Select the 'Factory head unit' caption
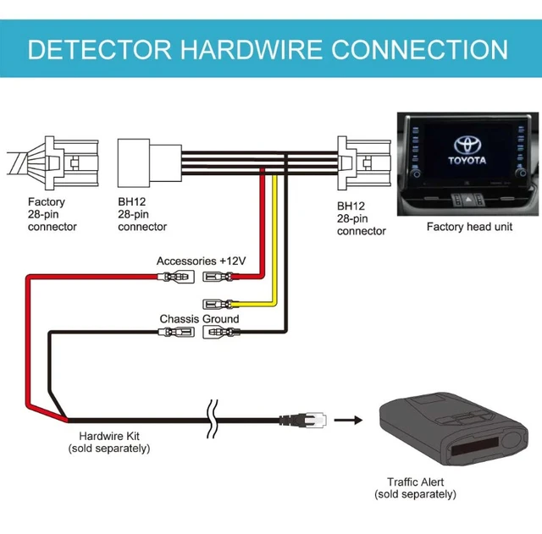468,227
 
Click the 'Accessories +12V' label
201,261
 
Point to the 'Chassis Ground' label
199,319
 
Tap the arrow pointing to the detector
345,418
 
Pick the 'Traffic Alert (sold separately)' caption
416,487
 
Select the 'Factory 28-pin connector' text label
52,214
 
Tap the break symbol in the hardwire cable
210,417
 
